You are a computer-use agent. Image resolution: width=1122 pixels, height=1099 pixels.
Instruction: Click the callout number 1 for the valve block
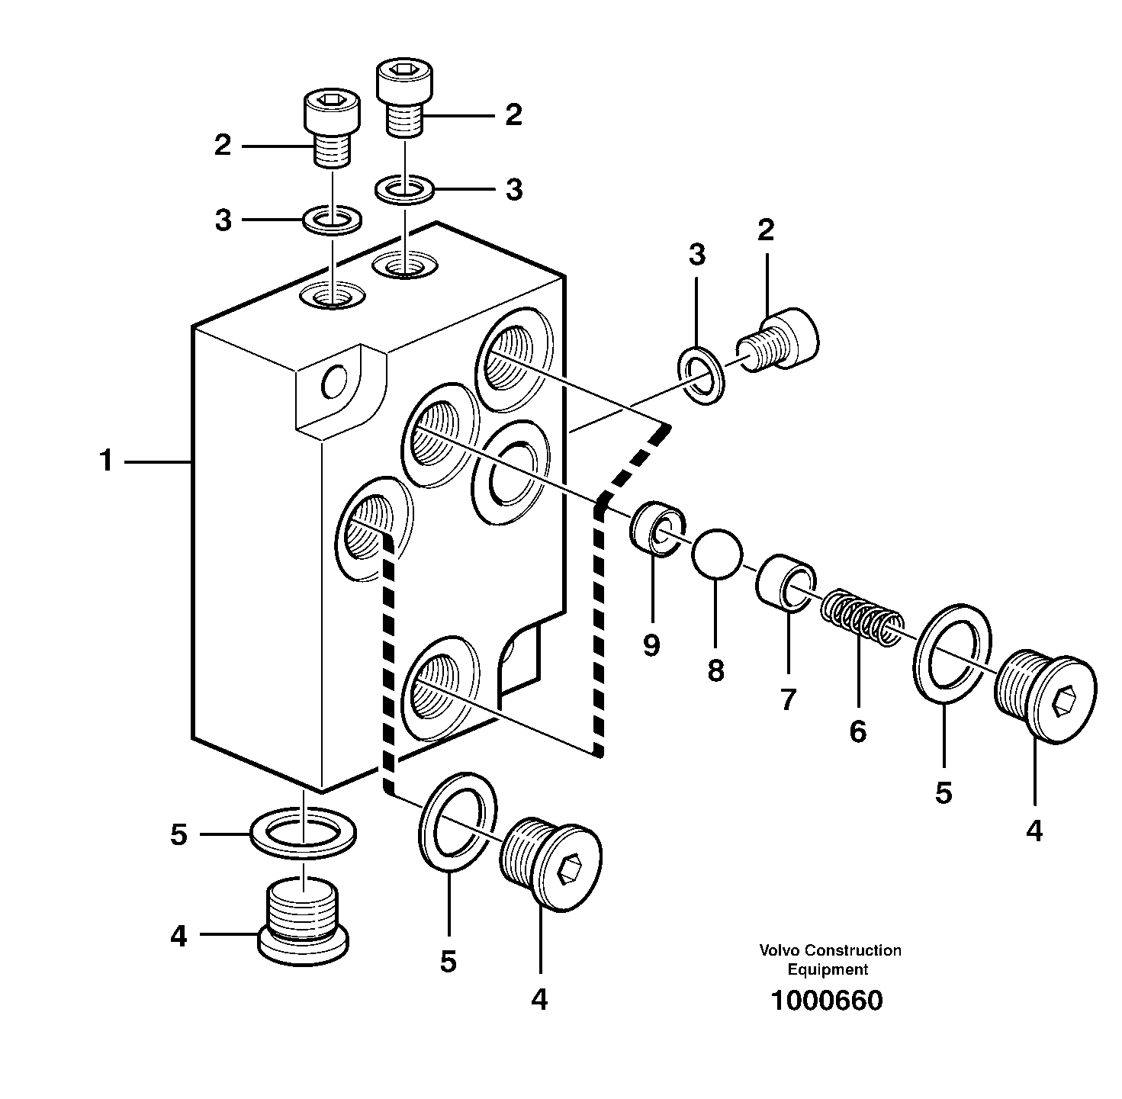coord(106,461)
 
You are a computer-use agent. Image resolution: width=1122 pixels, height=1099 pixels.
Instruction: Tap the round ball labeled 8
coord(716,554)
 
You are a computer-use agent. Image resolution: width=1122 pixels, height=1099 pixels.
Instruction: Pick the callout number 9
coord(651,645)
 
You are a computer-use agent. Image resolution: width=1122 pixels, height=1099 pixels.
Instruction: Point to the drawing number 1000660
coord(827,1000)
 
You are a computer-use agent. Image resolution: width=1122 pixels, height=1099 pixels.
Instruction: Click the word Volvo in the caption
coord(779,951)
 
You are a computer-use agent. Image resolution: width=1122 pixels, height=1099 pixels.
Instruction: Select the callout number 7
coord(787,699)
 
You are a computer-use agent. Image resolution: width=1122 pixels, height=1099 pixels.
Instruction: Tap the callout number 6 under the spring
coord(857,732)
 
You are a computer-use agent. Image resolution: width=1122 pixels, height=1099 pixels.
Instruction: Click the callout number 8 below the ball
coord(715,671)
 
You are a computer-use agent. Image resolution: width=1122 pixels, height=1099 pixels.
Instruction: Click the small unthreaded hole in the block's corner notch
coord(334,381)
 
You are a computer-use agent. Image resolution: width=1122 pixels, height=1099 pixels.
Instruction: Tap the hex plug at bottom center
coord(551,866)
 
